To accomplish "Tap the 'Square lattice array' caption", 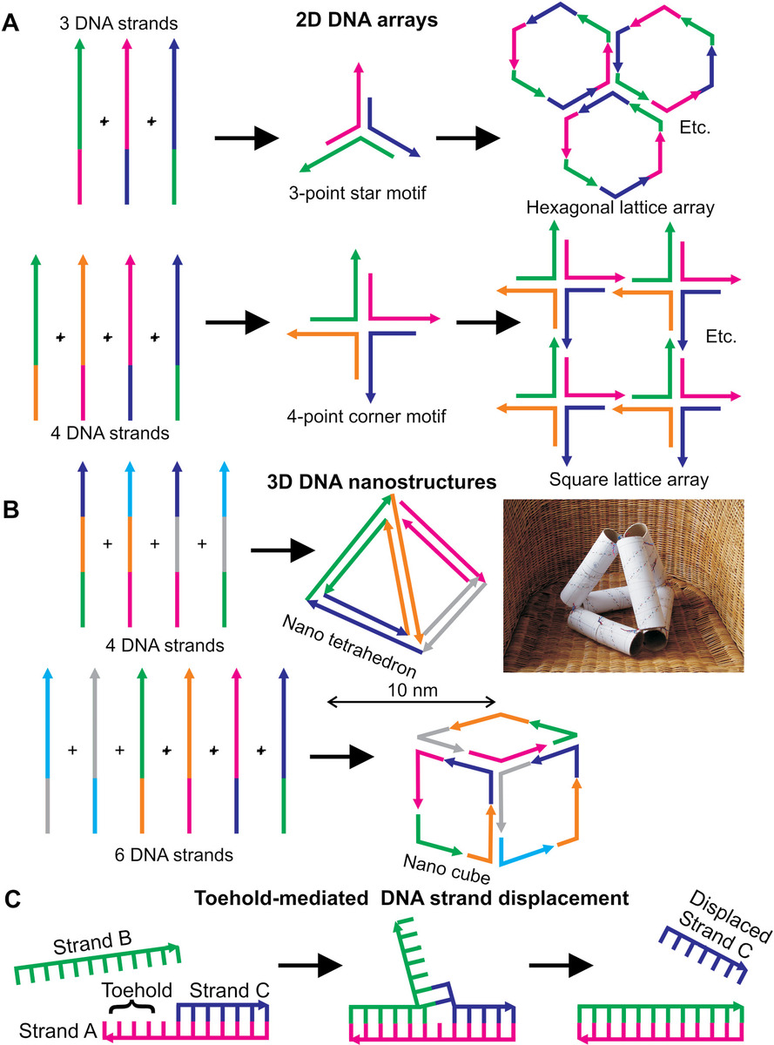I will (621, 478).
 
